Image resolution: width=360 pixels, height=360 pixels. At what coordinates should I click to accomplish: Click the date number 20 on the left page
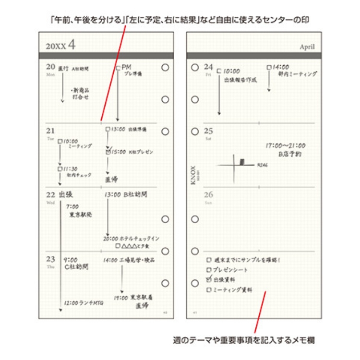click(x=50, y=68)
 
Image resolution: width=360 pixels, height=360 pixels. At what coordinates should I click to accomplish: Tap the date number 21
click(x=50, y=131)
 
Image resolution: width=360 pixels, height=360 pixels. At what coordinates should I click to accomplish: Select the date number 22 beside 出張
click(x=50, y=195)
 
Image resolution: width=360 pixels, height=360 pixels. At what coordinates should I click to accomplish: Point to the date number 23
click(x=50, y=259)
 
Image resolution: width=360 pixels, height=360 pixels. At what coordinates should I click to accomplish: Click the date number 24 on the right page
click(x=208, y=67)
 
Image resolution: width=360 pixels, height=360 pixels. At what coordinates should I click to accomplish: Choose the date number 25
click(x=208, y=131)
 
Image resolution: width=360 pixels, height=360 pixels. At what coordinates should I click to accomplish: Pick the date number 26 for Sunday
click(x=208, y=195)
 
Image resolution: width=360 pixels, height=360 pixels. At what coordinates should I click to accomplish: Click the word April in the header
click(x=307, y=47)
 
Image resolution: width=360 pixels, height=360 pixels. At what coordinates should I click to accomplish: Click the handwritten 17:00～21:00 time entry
click(x=286, y=145)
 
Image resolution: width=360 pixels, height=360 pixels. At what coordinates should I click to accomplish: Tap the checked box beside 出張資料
click(x=208, y=279)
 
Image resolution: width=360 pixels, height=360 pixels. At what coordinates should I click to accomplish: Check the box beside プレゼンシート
click(x=208, y=269)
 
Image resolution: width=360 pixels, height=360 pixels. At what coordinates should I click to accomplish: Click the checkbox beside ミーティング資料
click(x=208, y=290)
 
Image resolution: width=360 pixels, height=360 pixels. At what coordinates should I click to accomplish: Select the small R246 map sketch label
click(x=262, y=164)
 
